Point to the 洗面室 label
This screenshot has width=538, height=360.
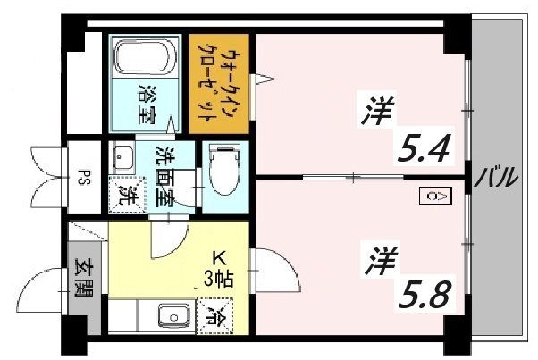[x=165, y=177]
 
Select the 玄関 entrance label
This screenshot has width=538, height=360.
[x=83, y=279]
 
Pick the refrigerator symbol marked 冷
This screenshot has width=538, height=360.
[x=214, y=316]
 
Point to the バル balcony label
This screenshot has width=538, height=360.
[x=496, y=177]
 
